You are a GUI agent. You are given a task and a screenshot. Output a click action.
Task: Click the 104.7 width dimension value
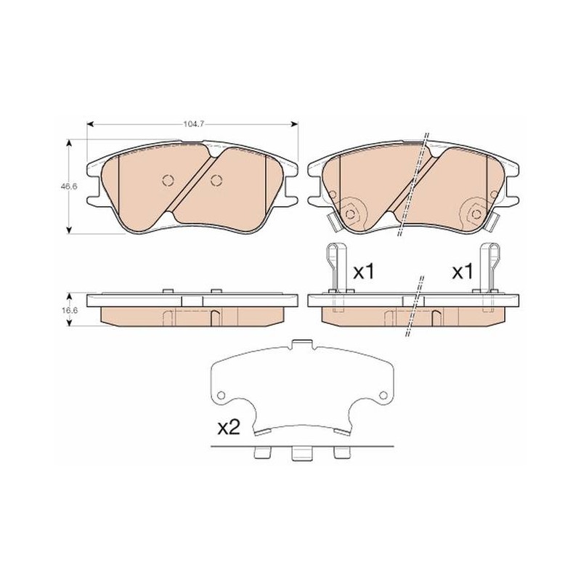pos(194,124)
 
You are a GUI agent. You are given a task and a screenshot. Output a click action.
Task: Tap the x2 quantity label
pos(229,428)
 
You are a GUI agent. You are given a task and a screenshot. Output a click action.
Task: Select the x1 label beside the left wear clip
pos(365,272)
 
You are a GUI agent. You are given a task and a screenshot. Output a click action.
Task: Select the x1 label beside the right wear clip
pos(463,272)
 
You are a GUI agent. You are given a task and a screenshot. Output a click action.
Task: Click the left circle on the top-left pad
pos(168,180)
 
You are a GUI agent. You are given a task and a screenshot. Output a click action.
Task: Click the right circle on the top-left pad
pos(216,180)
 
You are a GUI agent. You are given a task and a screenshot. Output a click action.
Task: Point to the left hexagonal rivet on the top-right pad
pos(349,214)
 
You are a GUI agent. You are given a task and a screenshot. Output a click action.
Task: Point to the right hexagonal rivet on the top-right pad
pos(476,214)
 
